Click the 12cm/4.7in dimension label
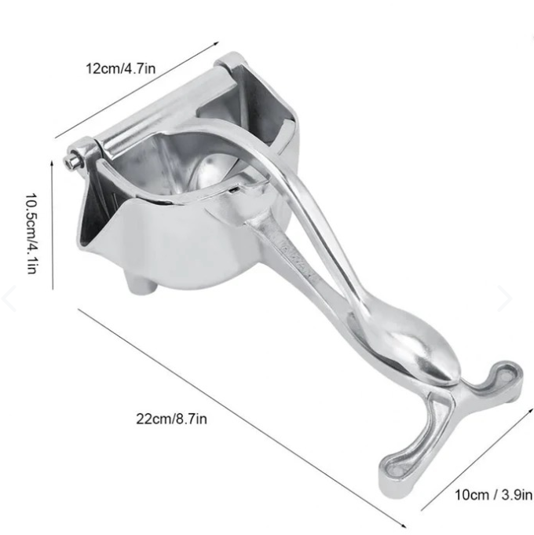pos(121,68)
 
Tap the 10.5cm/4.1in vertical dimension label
pos(31,234)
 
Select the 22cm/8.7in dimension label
pos(171,419)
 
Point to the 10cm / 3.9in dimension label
pos(493,494)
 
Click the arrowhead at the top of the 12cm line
pos(216,43)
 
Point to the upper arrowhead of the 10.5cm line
pos(52,163)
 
